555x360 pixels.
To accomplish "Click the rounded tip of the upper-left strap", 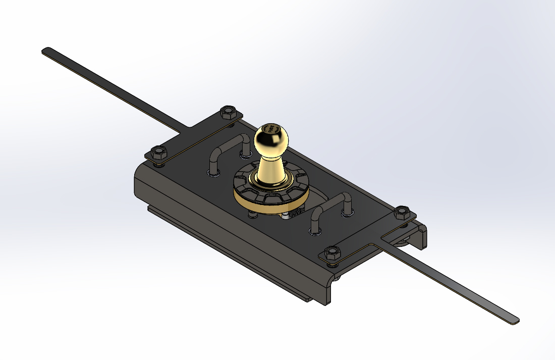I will pos(46,50).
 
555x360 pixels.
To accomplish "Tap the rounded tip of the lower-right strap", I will pos(514,319).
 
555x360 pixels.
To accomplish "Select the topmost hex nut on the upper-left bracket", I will pos(228,112).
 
